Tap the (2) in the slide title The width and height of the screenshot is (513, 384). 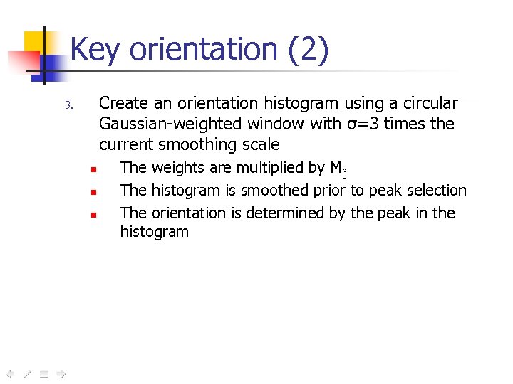point(309,50)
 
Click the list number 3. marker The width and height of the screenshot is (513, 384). point(69,106)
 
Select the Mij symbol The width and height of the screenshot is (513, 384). point(338,169)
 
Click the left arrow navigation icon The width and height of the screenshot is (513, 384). point(9,373)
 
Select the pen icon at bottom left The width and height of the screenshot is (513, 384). point(26,373)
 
